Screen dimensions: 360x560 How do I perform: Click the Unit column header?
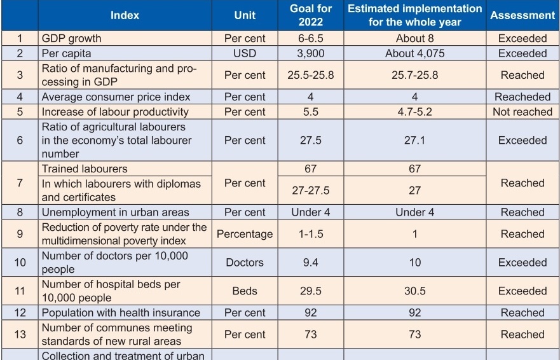click(245, 15)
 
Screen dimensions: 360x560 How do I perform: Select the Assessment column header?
click(522, 15)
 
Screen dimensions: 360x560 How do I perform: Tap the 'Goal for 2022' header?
click(310, 15)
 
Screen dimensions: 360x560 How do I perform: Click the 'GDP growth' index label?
click(71, 38)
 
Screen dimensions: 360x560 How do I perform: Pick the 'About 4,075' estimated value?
click(414, 53)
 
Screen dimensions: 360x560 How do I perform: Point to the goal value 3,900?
click(310, 53)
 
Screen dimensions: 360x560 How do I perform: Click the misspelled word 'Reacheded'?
click(522, 97)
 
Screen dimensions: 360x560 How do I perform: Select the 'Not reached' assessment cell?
click(522, 112)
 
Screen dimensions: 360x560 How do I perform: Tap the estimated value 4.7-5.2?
click(414, 112)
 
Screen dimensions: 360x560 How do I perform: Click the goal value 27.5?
click(310, 140)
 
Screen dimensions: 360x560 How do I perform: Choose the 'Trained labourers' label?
click(85, 169)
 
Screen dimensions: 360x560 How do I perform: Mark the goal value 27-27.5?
click(310, 191)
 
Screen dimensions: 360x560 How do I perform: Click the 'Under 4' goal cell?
click(310, 212)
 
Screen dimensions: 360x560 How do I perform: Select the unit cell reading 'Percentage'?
click(245, 234)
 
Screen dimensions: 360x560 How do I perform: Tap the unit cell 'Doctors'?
click(245, 262)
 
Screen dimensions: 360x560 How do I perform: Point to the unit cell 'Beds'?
click(245, 291)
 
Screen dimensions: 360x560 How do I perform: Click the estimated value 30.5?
click(414, 291)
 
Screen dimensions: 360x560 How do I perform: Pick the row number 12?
click(20, 312)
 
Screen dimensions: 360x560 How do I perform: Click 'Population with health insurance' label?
click(121, 312)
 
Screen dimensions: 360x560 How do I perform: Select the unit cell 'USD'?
click(245, 53)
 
